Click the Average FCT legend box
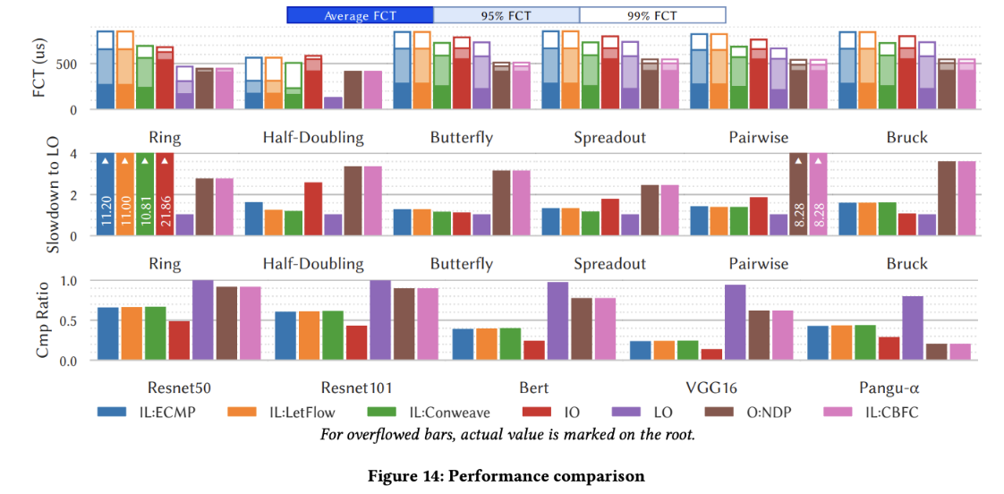(x=360, y=15)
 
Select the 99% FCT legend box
(x=652, y=15)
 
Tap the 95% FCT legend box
(x=506, y=15)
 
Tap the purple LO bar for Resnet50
(x=203, y=320)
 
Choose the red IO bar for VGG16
(x=712, y=354)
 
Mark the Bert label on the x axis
(x=534, y=388)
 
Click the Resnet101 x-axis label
(x=356, y=388)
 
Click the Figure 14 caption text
(x=506, y=476)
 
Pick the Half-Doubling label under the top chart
(x=313, y=138)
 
